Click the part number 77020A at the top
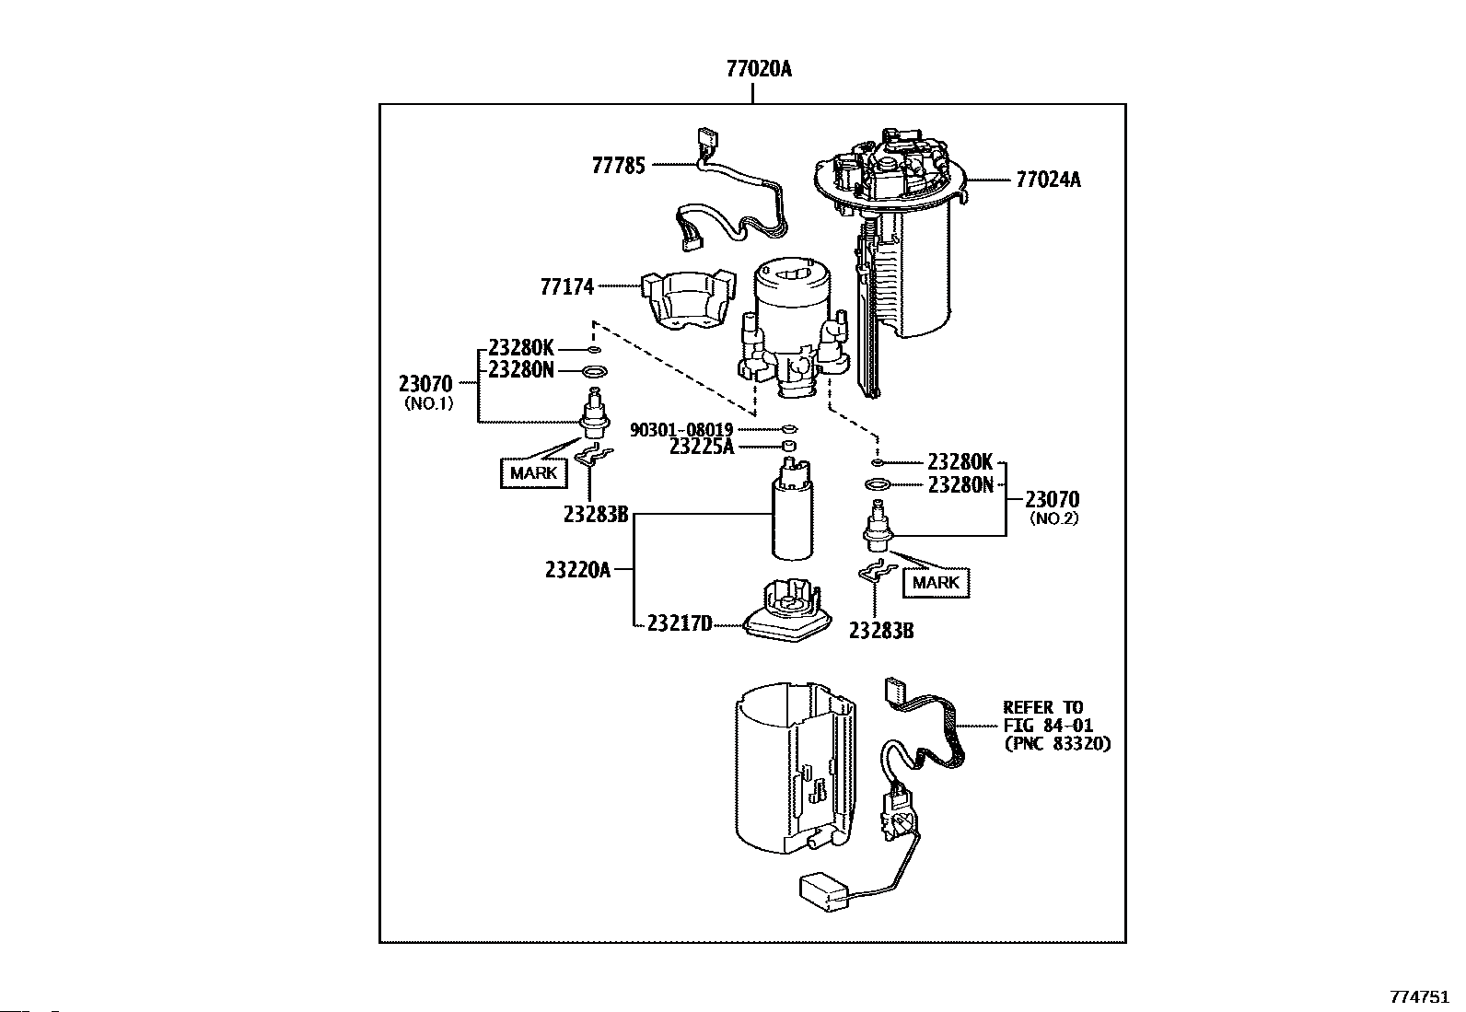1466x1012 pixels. (x=759, y=69)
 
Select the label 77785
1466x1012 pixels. (x=619, y=166)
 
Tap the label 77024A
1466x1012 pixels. (x=1048, y=180)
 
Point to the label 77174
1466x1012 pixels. (x=566, y=286)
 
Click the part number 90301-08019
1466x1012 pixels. (x=681, y=430)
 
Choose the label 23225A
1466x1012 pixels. (x=702, y=448)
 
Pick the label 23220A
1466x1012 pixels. (x=577, y=570)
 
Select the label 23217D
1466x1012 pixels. (x=680, y=623)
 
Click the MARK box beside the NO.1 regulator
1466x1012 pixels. (x=533, y=472)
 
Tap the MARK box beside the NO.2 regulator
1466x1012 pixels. (x=936, y=583)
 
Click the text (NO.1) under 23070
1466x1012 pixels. (x=429, y=403)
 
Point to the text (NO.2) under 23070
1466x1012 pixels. (x=1053, y=518)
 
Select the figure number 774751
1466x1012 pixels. (x=1420, y=997)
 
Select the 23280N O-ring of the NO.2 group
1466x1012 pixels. (x=878, y=485)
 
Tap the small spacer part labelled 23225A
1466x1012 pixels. (x=790, y=447)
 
